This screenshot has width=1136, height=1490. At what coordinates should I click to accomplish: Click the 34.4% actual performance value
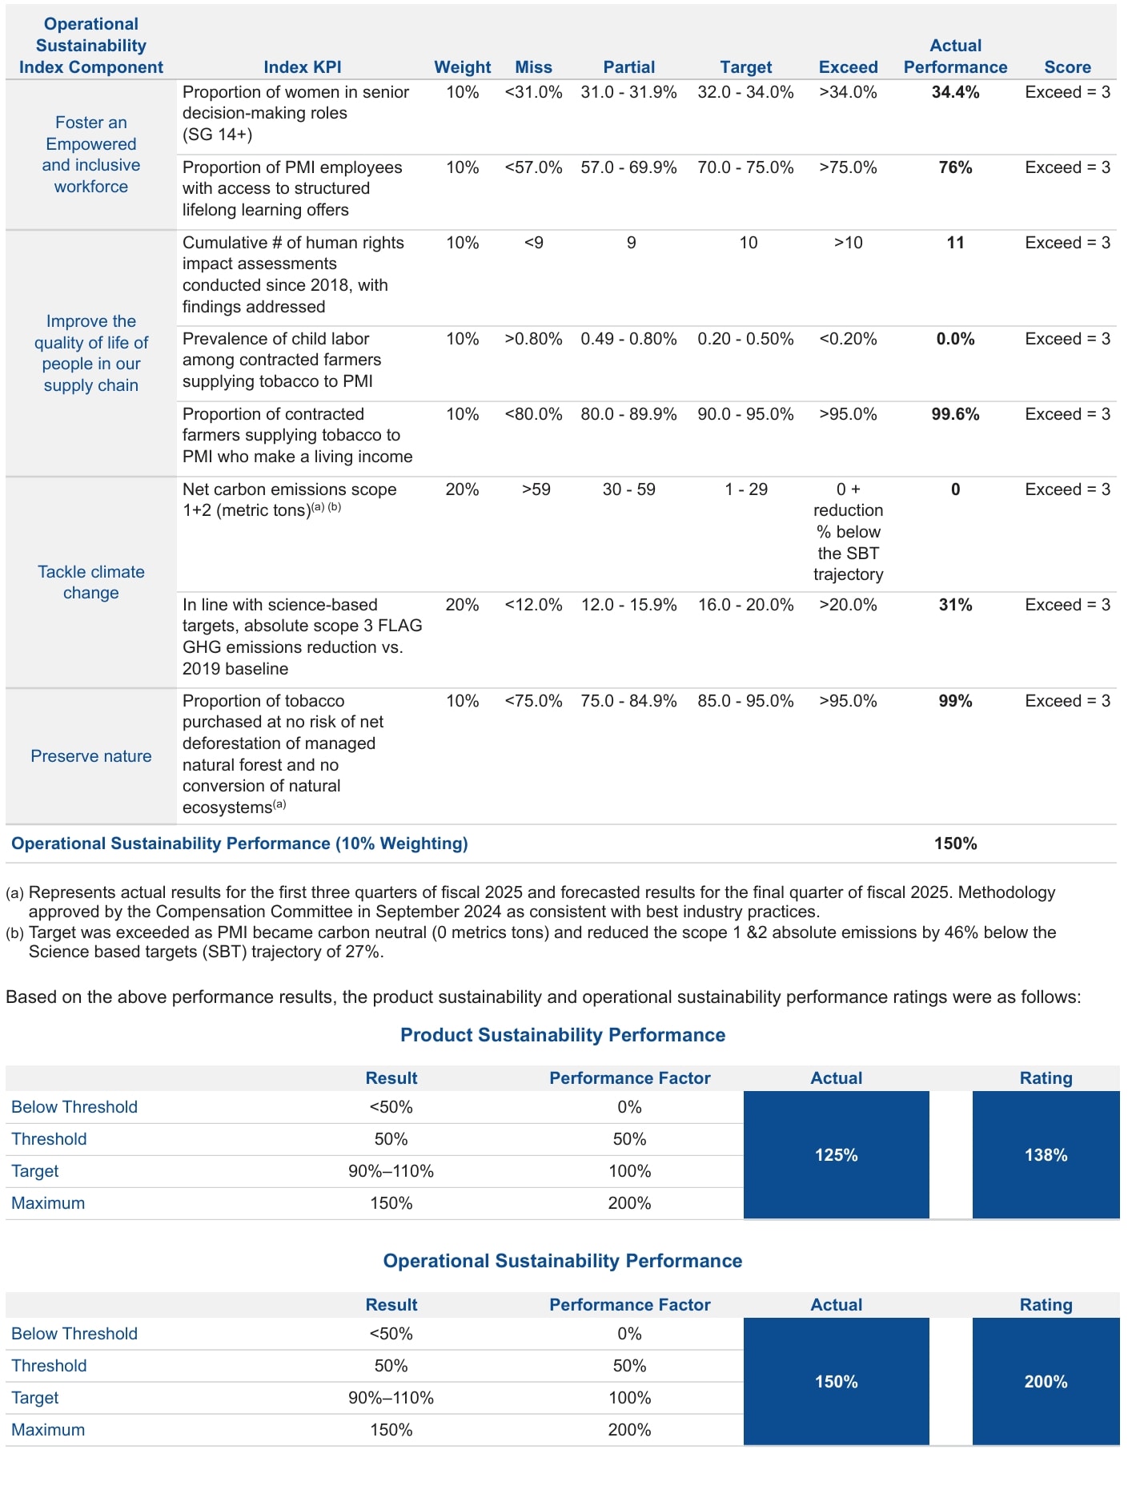(954, 92)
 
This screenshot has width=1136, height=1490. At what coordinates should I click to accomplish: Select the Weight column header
(462, 67)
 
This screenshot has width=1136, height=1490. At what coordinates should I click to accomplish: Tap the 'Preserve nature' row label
(90, 756)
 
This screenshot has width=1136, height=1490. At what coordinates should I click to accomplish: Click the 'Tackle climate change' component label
(90, 582)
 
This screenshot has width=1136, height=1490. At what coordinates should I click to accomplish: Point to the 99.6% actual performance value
(954, 414)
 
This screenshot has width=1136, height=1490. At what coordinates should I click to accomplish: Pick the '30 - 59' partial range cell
(628, 489)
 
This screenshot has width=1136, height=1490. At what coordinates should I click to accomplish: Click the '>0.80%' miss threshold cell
(533, 339)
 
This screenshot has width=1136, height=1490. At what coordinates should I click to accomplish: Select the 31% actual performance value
(954, 605)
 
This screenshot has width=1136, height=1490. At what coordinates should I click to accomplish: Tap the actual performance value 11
(954, 243)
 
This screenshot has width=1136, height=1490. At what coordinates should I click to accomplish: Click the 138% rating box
(1045, 1155)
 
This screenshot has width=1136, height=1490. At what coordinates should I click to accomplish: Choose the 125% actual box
(836, 1155)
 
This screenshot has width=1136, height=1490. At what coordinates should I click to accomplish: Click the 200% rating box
(1045, 1382)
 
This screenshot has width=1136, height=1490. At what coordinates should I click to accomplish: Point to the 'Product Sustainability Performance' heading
(563, 1035)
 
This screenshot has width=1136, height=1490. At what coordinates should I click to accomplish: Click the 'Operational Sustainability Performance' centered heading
(563, 1261)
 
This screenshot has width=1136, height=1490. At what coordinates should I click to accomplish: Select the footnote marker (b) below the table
(14, 933)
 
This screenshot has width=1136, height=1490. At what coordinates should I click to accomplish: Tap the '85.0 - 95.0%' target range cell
(745, 701)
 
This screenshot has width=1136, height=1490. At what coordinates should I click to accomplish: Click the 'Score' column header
(1066, 67)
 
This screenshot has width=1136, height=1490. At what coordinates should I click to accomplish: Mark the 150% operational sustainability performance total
(954, 844)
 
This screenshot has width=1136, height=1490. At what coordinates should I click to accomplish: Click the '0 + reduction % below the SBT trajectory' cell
(848, 532)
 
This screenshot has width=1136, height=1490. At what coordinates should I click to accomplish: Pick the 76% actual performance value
(954, 167)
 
